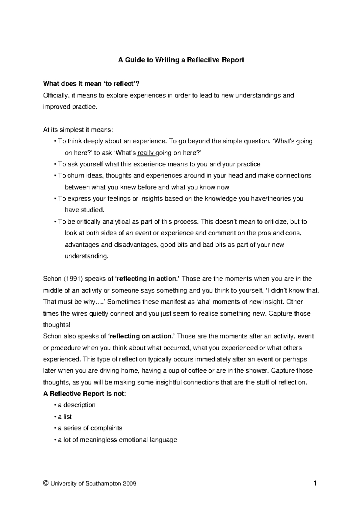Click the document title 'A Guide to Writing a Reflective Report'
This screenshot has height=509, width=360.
pyautogui.click(x=181, y=60)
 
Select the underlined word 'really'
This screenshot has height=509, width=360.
pyautogui.click(x=145, y=153)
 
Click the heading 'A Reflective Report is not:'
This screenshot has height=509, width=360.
pyautogui.click(x=85, y=394)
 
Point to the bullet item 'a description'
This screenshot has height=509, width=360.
pyautogui.click(x=76, y=405)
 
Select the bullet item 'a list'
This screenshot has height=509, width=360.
pyautogui.click(x=65, y=417)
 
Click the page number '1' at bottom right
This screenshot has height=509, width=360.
pyautogui.click(x=315, y=483)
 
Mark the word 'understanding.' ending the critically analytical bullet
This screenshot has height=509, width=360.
pyautogui.click(x=86, y=256)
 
